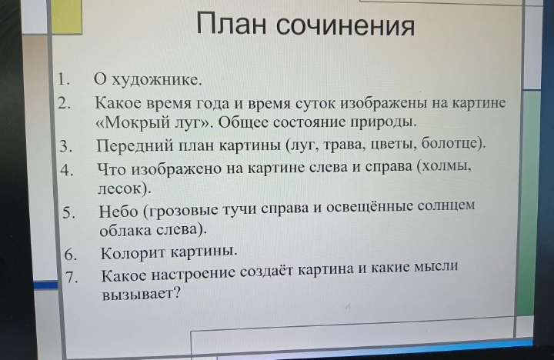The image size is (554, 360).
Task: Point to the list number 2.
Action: pyautogui.click(x=64, y=102)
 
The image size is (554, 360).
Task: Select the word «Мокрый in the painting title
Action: pyautogui.click(x=129, y=122)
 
